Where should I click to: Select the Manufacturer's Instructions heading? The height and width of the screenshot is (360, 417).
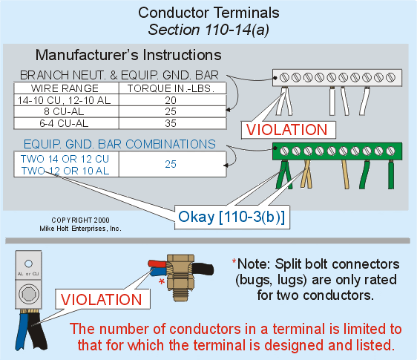(x=128, y=55)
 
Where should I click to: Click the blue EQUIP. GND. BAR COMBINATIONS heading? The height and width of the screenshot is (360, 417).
(x=119, y=143)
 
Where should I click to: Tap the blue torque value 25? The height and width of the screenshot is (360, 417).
(x=171, y=164)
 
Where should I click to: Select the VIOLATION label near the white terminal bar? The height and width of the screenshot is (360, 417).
(x=288, y=128)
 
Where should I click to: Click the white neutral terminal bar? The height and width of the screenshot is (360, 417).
(x=337, y=76)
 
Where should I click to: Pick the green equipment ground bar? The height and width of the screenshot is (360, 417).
(x=337, y=151)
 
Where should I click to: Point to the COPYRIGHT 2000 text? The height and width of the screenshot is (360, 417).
(x=80, y=220)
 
